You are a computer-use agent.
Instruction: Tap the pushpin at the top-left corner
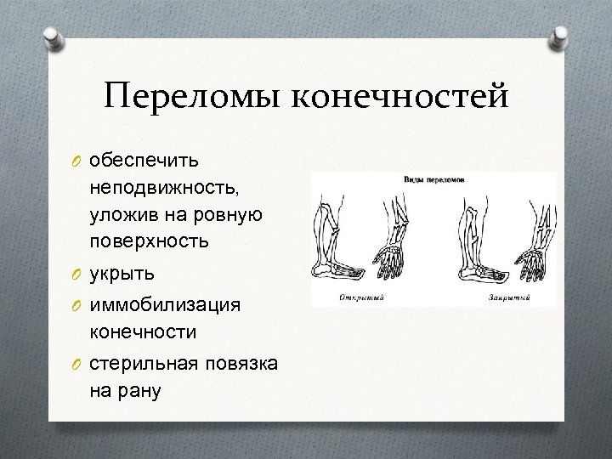point(53,38)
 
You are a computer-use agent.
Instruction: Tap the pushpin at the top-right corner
point(559,38)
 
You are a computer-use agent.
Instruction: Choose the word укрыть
point(122,275)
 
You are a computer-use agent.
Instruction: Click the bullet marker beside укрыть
point(76,275)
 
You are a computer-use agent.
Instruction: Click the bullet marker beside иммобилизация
point(76,303)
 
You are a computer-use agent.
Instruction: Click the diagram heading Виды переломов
point(433,180)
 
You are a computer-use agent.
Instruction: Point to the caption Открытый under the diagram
point(361,297)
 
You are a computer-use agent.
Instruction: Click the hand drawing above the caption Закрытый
point(534,259)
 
